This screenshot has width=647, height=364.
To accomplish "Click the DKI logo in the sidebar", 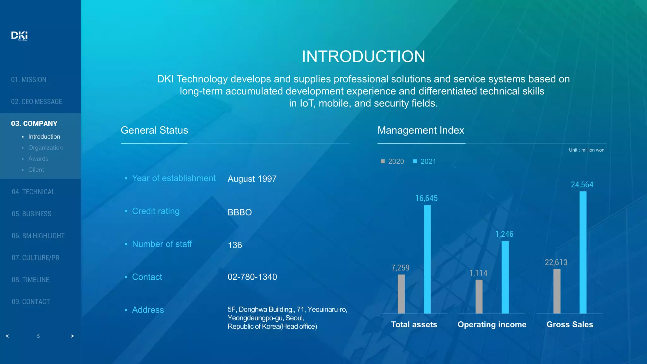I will [x=19, y=35].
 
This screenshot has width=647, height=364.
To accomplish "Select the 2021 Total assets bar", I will [x=427, y=259].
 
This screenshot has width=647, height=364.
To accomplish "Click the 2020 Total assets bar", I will [x=401, y=294].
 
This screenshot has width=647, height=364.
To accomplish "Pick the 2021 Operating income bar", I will [x=505, y=277].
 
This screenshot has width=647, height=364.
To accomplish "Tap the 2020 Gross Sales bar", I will [x=557, y=291].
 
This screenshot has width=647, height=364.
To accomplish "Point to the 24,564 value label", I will [x=582, y=185].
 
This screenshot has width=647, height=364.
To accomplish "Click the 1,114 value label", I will [x=478, y=273].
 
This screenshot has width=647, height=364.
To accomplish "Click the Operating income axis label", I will [x=492, y=325].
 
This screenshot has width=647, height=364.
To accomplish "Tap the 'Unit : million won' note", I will [x=586, y=150].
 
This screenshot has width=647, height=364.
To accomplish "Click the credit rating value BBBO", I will [x=239, y=212].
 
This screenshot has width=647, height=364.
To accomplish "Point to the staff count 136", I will [x=235, y=245].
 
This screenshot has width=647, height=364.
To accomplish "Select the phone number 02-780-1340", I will [x=252, y=277].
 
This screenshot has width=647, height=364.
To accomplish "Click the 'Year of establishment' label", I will [x=174, y=178].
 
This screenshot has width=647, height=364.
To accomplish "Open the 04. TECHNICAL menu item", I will [x=33, y=192].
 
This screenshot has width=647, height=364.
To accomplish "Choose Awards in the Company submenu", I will [x=38, y=159].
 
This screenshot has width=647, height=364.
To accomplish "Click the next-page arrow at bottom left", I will [x=72, y=336].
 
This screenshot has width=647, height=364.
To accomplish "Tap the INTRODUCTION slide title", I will [x=363, y=57].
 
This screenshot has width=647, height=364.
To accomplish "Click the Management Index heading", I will [x=420, y=130].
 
